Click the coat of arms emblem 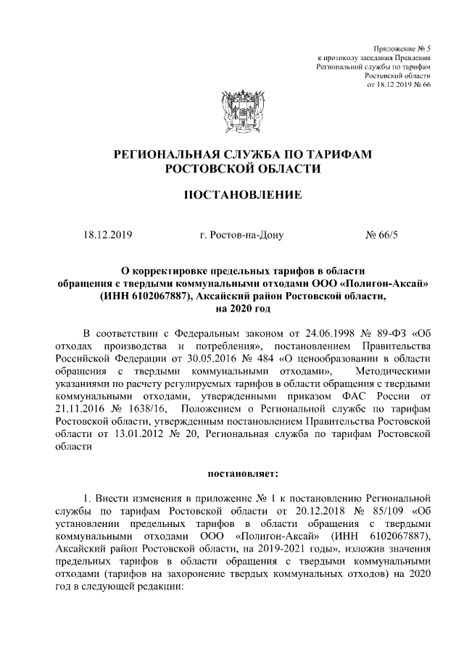[x=232, y=114]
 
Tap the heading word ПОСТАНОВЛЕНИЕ [x=232, y=195]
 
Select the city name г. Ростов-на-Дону [x=241, y=235]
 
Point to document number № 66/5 [x=376, y=235]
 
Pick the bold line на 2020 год [x=232, y=308]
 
